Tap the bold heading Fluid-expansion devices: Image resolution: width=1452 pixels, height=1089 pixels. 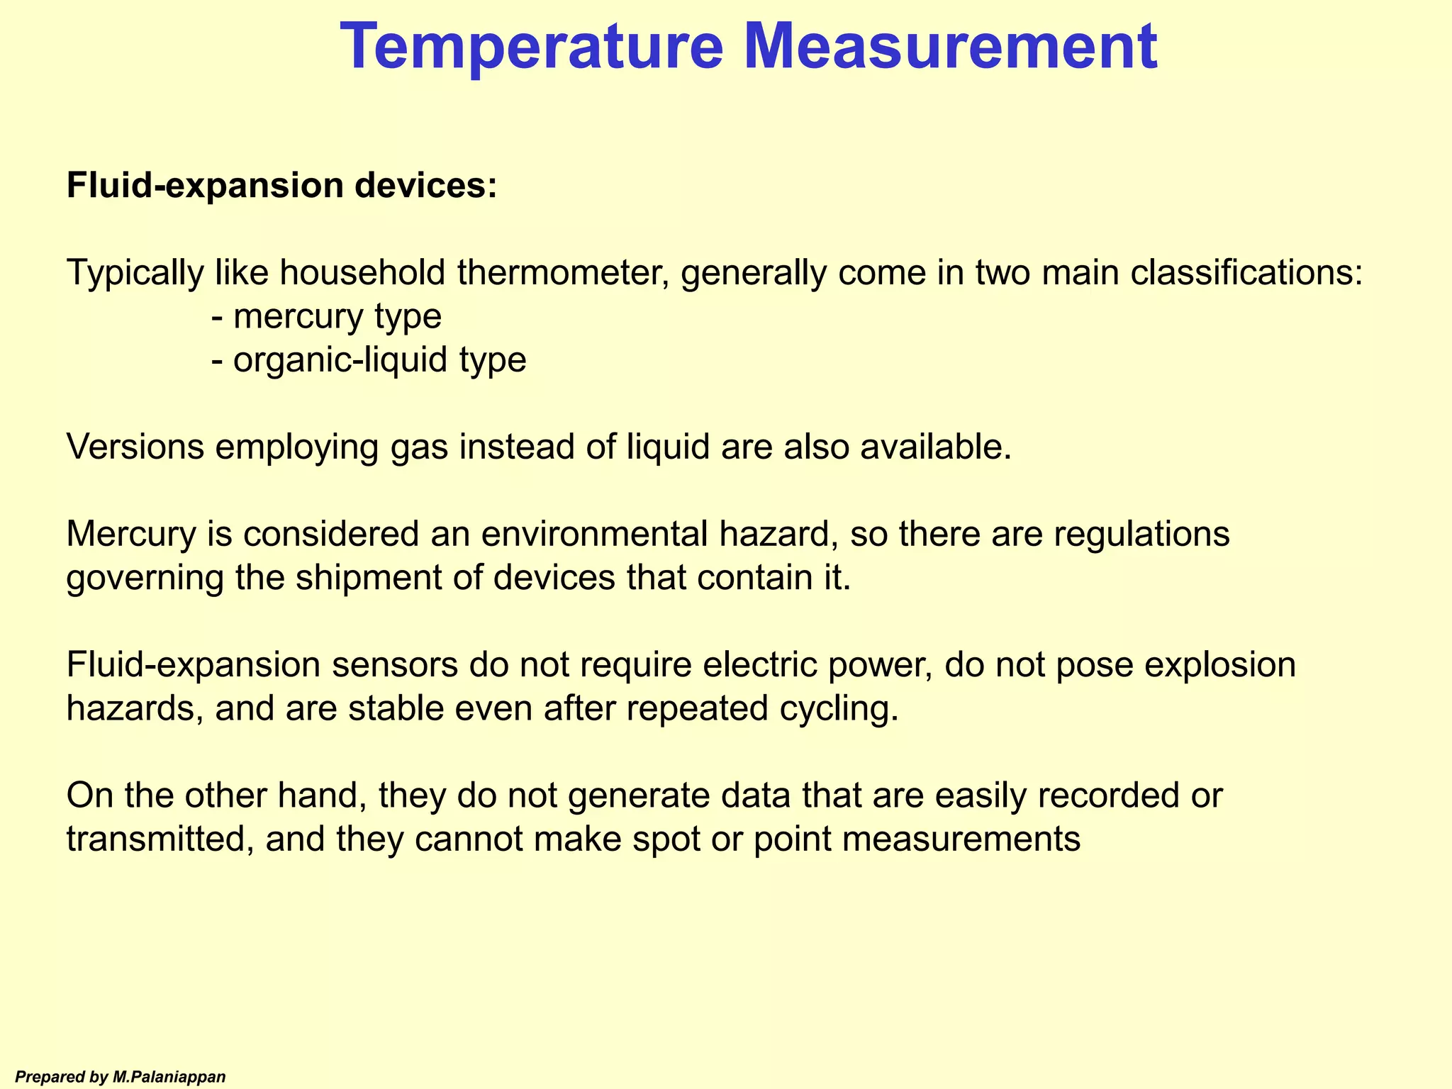coord(281,186)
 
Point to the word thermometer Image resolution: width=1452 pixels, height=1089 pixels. coord(564,273)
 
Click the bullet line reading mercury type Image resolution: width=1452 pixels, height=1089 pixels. coord(327,317)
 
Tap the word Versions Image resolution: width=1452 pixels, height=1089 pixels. coord(135,447)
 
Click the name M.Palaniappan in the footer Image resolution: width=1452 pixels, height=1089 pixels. coord(169,1077)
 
